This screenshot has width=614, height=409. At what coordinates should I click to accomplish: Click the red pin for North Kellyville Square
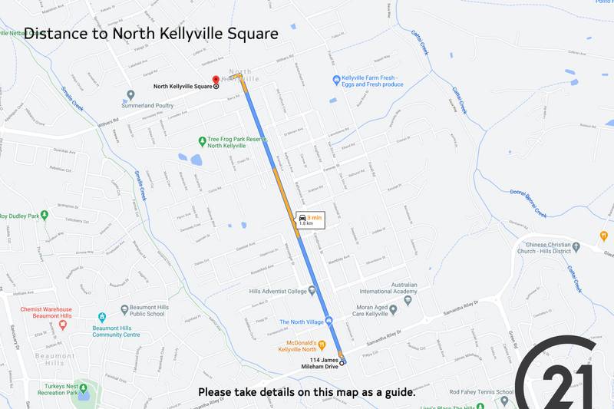point(216,78)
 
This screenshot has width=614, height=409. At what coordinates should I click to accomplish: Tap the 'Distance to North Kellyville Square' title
point(151,34)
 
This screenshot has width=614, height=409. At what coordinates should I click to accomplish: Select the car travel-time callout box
point(309,219)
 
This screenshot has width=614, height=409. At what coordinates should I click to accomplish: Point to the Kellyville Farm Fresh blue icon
point(336,80)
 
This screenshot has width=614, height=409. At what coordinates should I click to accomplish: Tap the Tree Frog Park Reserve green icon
point(201,141)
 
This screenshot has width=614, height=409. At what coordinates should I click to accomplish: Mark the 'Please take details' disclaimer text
point(307,392)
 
